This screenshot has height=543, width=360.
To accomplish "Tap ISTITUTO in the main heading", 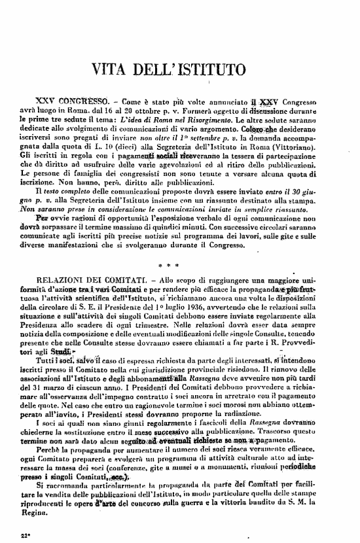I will pyautogui.click(x=217, y=67).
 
